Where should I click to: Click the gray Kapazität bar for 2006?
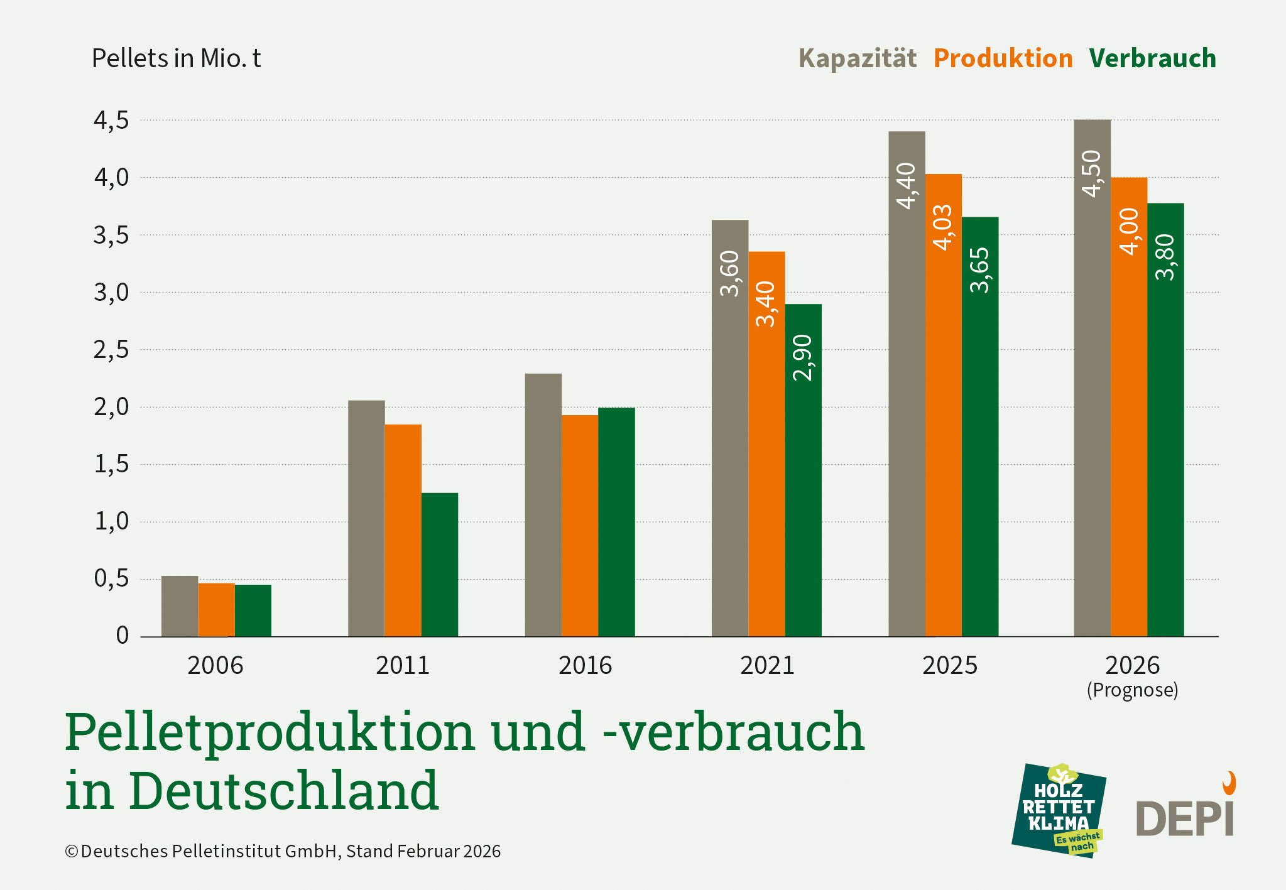tap(180, 606)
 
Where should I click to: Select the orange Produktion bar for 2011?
tap(403, 530)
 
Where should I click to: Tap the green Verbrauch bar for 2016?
tap(616, 522)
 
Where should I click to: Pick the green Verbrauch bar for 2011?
tap(440, 565)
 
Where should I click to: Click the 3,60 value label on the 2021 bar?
tap(730, 273)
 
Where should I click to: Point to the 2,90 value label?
tap(803, 357)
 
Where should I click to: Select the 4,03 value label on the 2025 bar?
tap(943, 227)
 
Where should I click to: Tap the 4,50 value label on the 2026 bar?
tap(1092, 173)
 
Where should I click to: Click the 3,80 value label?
tap(1165, 256)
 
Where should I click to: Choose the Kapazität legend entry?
tap(858, 58)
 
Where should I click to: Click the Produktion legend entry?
tap(1003, 58)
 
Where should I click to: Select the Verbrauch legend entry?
tap(1152, 58)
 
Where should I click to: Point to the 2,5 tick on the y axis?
tap(111, 350)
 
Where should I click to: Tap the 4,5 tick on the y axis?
tap(111, 120)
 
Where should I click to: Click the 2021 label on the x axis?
tap(767, 665)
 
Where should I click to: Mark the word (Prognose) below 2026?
tap(1132, 690)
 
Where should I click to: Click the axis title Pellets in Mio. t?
tap(176, 58)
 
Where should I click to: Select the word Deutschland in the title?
tap(283, 790)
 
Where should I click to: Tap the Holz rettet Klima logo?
tap(1059, 810)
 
